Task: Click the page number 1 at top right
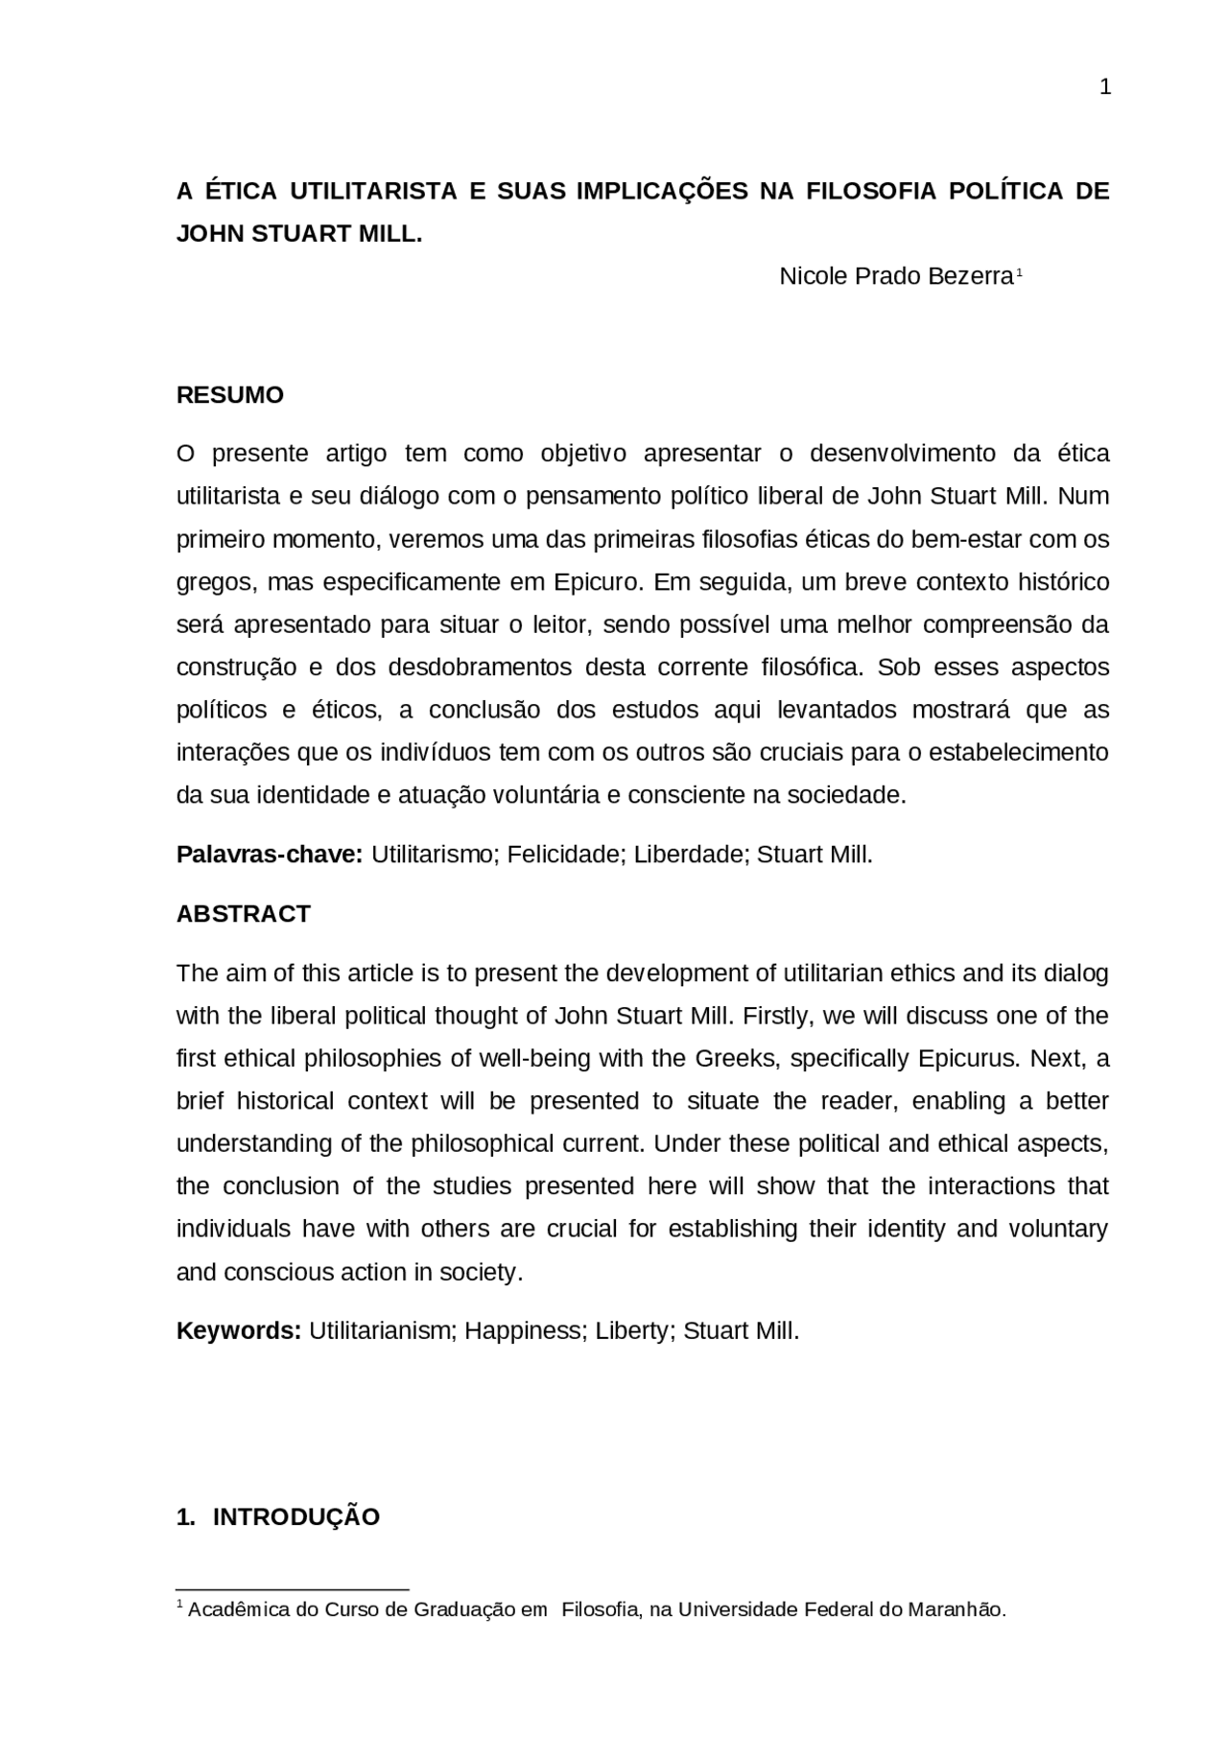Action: coord(1104,88)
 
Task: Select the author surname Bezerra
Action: coord(970,276)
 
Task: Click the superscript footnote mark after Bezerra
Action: coord(1019,272)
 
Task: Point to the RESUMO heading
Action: coord(229,395)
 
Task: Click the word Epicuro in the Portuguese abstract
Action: coord(595,582)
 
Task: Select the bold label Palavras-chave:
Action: coord(269,855)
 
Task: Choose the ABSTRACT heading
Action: coord(243,914)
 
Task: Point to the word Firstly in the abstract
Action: coord(776,1016)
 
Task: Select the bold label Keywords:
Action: coord(239,1331)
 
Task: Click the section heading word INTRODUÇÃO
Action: coord(295,1517)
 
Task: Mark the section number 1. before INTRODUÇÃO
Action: coord(186,1517)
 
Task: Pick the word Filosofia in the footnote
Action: coord(601,1610)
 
